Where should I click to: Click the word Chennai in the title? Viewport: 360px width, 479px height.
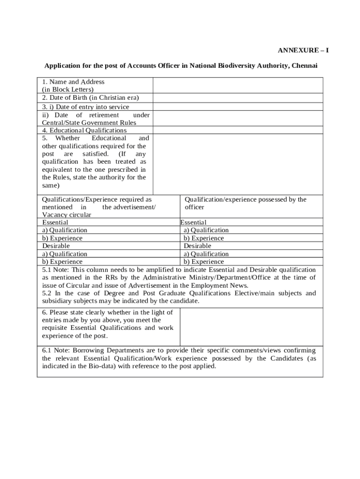click(304, 65)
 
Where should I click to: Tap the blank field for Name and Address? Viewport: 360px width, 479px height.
click(238, 85)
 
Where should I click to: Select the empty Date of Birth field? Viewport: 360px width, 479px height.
click(238, 98)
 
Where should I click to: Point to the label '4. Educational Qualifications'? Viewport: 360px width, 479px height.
click(84, 130)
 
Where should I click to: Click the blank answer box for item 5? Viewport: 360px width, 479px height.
click(238, 164)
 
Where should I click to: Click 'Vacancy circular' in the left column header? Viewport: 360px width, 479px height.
click(66, 214)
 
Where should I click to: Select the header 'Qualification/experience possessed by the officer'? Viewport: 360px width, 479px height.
click(245, 203)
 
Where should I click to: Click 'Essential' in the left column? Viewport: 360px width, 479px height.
click(55, 222)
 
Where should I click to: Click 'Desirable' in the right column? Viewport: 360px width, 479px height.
click(197, 246)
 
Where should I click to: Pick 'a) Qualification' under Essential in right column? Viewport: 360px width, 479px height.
click(206, 230)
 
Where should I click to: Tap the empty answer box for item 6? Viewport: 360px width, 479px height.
click(251, 327)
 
